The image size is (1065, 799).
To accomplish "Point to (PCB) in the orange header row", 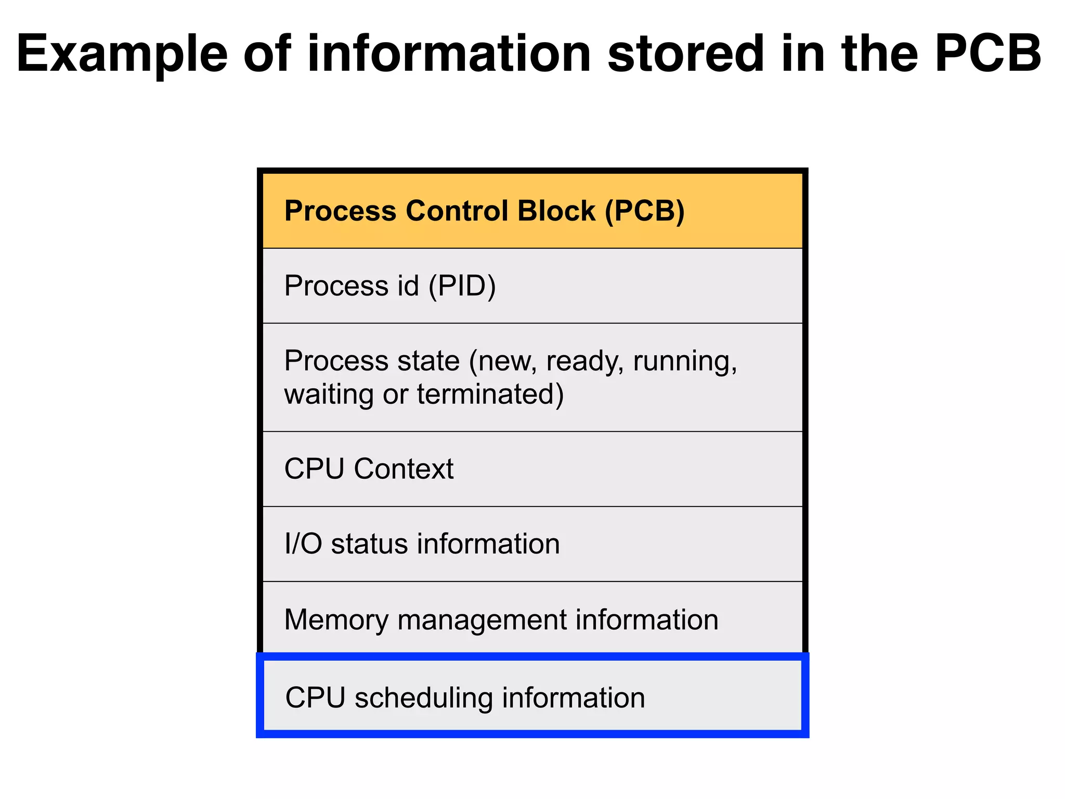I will point(645,211).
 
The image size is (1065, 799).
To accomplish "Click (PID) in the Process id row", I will point(462,286).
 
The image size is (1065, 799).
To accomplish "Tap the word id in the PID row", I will point(408,286).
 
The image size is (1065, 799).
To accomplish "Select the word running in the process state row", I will point(684,362).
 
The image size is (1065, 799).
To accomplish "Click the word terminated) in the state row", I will point(490,394).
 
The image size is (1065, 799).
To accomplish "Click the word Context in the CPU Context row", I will point(404,469).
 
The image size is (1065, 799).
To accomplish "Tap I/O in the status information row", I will point(303,544).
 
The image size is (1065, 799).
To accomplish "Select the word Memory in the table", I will point(336,620).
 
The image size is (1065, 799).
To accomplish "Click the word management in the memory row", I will point(482,620).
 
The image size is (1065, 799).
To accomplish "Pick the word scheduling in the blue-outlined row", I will point(423,698).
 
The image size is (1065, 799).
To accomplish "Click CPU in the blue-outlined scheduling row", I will point(315,698).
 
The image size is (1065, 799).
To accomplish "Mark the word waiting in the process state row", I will point(329,394).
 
